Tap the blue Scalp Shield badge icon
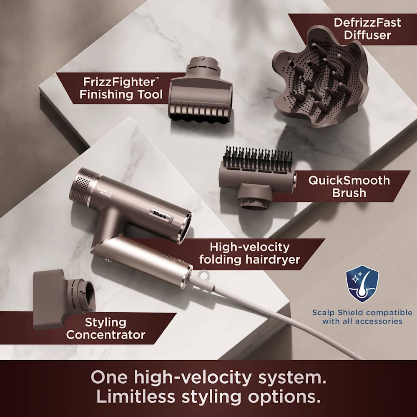pyautogui.click(x=362, y=284)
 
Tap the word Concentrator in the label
pyautogui.click(x=106, y=334)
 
